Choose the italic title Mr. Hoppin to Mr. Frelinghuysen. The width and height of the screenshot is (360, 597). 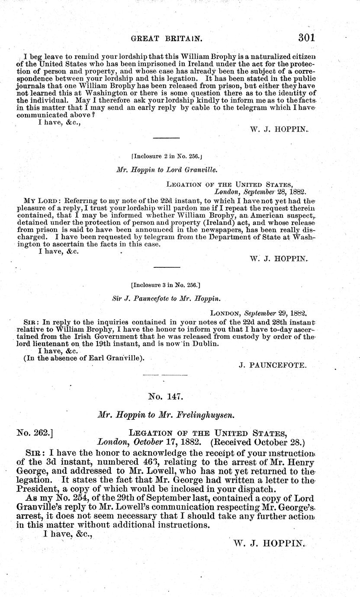(166, 414)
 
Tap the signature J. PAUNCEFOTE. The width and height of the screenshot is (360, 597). (273, 365)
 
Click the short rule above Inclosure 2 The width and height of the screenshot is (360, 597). (167, 138)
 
